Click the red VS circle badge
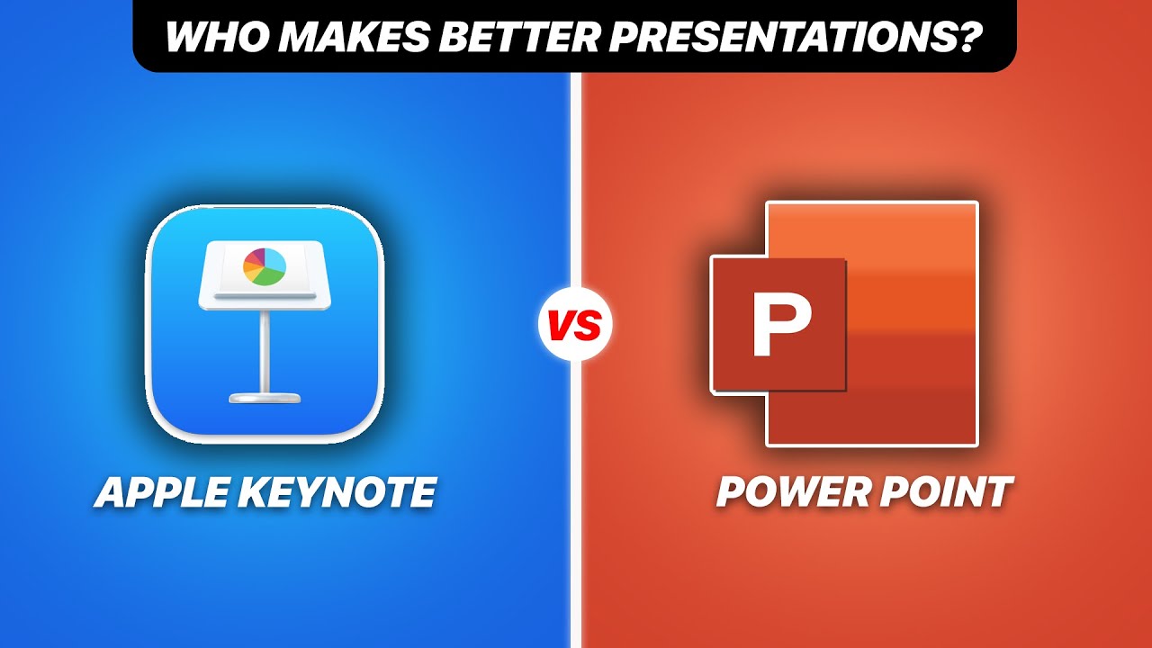575,325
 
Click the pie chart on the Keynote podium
265,266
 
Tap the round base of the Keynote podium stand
265,396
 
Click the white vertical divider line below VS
575,495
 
